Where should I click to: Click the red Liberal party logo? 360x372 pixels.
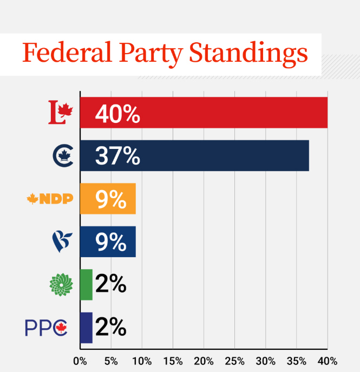60,113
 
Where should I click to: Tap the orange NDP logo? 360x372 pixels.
49,199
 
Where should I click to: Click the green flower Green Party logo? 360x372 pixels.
60,284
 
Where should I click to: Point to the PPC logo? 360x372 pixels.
45,328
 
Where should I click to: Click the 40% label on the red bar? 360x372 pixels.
117,114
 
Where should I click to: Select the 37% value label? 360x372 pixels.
117,156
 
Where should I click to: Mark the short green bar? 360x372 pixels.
86,284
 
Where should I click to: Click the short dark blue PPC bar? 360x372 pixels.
86,328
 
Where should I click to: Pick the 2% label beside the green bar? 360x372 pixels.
110,284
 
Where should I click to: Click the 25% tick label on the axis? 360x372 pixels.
234,361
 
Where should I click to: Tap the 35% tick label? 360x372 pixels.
297,361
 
